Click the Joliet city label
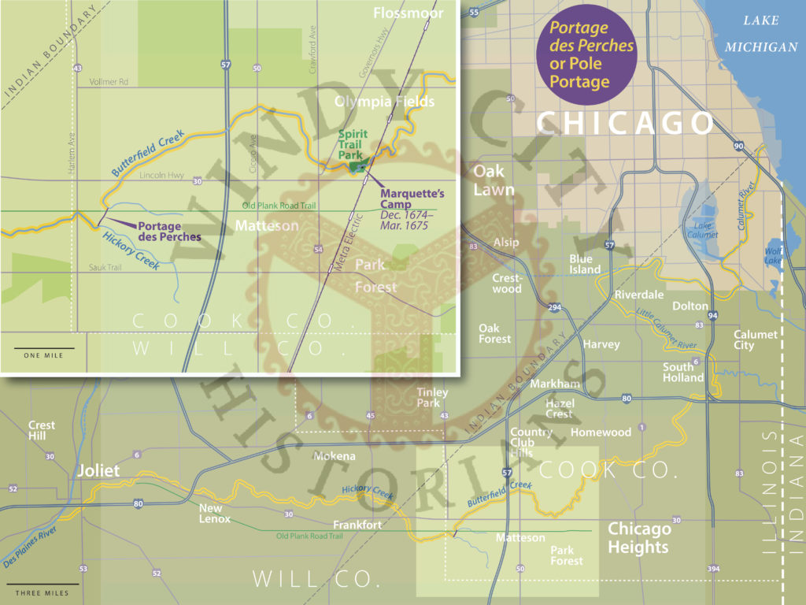point(98,471)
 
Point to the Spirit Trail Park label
point(352,145)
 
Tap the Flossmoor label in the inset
point(409,13)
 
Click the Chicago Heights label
point(638,538)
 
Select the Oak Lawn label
point(494,180)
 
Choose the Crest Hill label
point(42,431)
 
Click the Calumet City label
point(755,340)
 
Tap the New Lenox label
point(215,514)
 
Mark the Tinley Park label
point(433,398)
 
